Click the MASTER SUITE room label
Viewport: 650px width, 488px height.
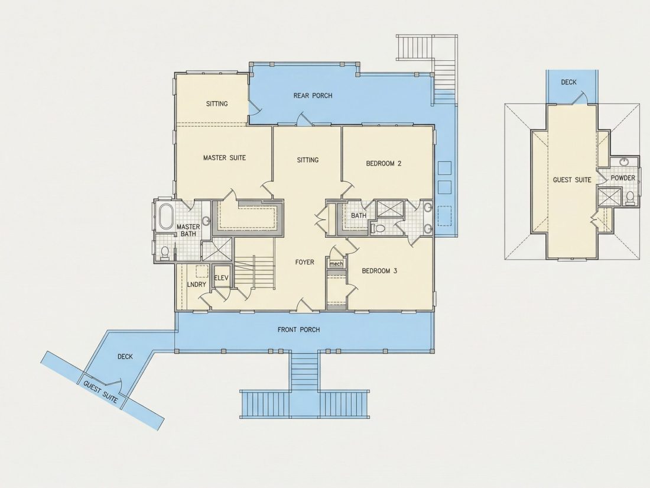pos(225,158)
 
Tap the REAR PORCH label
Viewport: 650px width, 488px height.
pos(313,95)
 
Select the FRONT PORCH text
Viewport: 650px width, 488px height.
pos(298,329)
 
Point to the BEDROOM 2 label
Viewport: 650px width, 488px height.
pos(383,163)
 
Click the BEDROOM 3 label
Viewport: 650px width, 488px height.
pos(379,271)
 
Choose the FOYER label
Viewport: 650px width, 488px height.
pos(305,262)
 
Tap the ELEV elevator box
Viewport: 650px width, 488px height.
pos(222,277)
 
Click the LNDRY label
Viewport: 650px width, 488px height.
pos(197,285)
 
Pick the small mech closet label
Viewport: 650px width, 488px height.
pos(336,264)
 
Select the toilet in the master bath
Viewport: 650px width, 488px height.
pos(165,253)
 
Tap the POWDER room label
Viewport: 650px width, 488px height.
pos(623,178)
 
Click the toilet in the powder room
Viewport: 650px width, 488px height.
pos(630,198)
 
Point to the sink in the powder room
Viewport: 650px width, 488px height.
pos(624,162)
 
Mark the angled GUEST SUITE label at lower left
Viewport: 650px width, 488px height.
pos(100,392)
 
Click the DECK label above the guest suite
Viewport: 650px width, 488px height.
pos(568,82)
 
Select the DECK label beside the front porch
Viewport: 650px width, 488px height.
pos(125,357)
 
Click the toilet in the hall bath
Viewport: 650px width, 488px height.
pos(379,228)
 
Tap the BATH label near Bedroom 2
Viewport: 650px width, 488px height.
pos(359,216)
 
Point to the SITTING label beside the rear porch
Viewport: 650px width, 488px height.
pos(217,104)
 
